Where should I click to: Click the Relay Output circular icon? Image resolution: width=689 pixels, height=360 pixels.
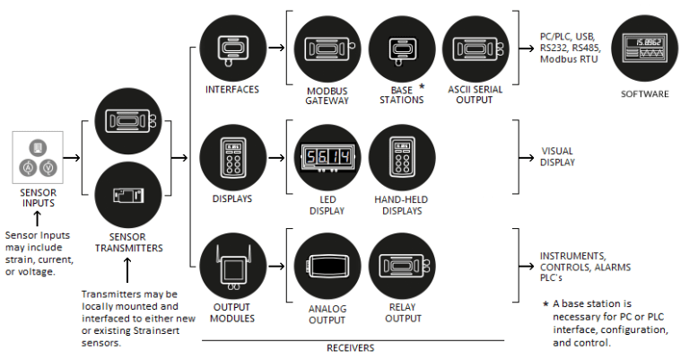pos(401,267)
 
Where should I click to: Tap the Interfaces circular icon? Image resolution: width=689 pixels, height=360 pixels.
pos(232,48)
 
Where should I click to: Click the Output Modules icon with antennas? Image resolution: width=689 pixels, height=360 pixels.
pos(232,267)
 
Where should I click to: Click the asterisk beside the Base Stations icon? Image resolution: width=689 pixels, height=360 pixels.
pos(423,87)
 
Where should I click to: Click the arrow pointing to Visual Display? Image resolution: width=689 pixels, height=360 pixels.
pos(525,158)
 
